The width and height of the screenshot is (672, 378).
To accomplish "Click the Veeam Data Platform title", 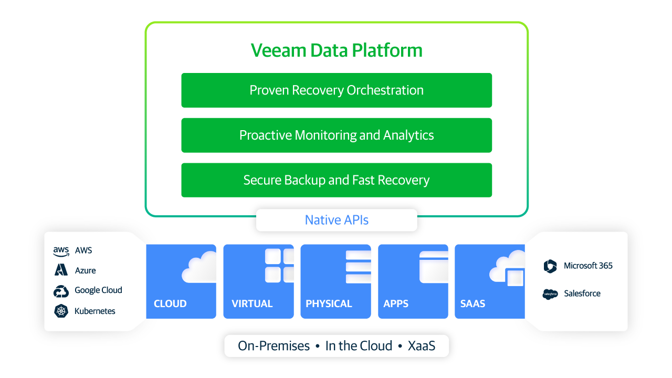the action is pyautogui.click(x=337, y=50).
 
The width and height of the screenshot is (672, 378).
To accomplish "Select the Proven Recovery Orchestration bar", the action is pyautogui.click(x=337, y=90).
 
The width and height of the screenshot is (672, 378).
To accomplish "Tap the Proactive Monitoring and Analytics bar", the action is pyautogui.click(x=337, y=135).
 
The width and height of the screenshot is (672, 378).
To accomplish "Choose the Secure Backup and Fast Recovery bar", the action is pyautogui.click(x=337, y=180).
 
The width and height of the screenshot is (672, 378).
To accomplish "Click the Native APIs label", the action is pyautogui.click(x=337, y=220).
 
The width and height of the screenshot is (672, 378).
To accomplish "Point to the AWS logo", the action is pyautogui.click(x=61, y=251).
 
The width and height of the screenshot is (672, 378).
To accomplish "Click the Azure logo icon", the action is pyautogui.click(x=61, y=270).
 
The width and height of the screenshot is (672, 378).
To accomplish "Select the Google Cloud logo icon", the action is pyautogui.click(x=61, y=291).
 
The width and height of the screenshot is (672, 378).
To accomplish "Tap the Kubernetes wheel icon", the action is pyautogui.click(x=61, y=311).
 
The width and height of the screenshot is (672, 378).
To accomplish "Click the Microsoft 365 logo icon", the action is pyautogui.click(x=550, y=266).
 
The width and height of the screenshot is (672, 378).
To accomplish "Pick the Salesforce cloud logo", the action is pyautogui.click(x=550, y=294).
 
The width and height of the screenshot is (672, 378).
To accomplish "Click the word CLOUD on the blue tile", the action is pyautogui.click(x=170, y=303).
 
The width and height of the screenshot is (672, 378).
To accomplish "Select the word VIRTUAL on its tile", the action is pyautogui.click(x=252, y=303).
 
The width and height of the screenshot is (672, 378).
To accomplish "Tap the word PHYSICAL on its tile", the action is pyautogui.click(x=329, y=303).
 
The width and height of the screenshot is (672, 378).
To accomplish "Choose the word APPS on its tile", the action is pyautogui.click(x=396, y=303).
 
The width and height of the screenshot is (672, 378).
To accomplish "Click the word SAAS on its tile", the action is pyautogui.click(x=472, y=303).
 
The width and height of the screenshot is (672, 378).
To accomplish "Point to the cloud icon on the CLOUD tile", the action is pyautogui.click(x=199, y=267).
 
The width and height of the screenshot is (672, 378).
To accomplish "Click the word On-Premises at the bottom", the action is pyautogui.click(x=274, y=346).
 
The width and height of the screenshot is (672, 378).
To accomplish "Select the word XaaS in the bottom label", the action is pyautogui.click(x=422, y=346).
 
